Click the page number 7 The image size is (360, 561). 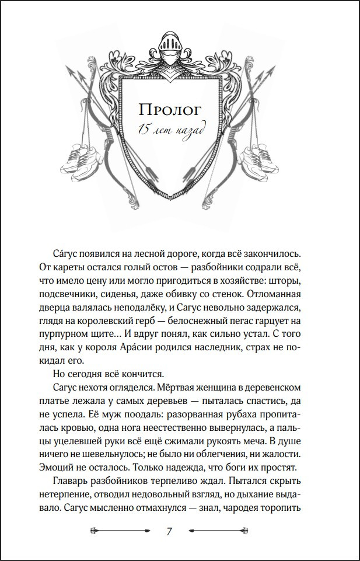[169, 531]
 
